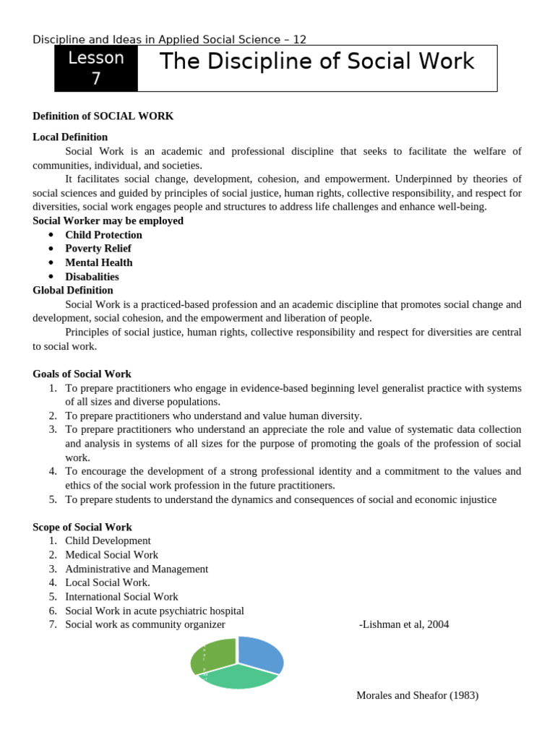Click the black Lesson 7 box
point(96,69)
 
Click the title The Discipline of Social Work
point(317,62)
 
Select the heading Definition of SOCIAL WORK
point(103,116)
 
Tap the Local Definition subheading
point(70,137)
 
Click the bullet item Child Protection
point(103,235)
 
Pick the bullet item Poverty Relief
point(98,249)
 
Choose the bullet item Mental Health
point(99,262)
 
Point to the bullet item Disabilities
point(92,276)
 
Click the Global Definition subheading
point(73,290)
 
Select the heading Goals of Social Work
point(82,374)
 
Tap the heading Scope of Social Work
point(82,527)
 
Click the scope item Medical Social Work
point(111,555)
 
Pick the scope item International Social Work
point(121,597)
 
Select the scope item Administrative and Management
point(137,569)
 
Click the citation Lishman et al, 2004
point(403,624)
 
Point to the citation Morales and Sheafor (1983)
point(417,695)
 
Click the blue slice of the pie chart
point(259,654)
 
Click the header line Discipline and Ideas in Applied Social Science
point(174,39)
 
